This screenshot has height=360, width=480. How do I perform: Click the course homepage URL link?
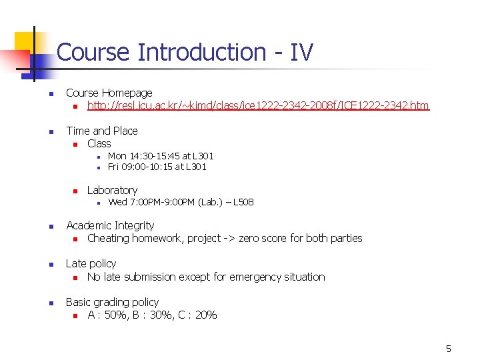[x=258, y=105]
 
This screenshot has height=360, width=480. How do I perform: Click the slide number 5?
[x=449, y=349]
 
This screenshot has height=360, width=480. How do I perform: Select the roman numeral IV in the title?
[x=301, y=52]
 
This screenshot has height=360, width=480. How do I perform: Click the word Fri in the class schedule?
[x=113, y=167]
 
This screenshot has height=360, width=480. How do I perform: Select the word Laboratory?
[x=112, y=190]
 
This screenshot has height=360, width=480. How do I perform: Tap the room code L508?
[x=243, y=202]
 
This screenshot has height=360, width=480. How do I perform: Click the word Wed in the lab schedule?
[x=117, y=202]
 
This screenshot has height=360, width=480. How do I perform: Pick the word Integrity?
[x=132, y=225]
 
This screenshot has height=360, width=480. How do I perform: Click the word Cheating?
[x=109, y=238]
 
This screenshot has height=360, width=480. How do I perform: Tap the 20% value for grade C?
[x=204, y=315]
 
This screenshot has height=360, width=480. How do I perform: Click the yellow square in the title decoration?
[x=24, y=42]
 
